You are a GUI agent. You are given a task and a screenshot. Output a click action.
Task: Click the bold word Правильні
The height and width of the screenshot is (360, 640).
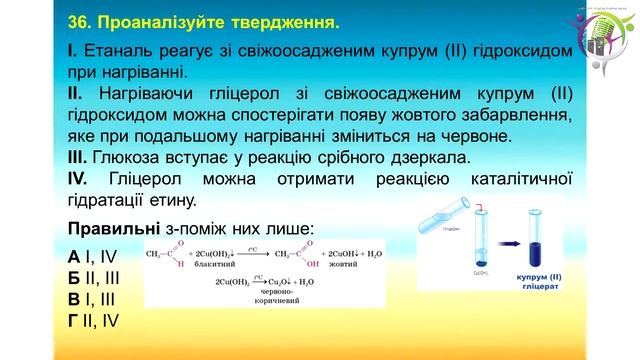coord(110,225)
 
